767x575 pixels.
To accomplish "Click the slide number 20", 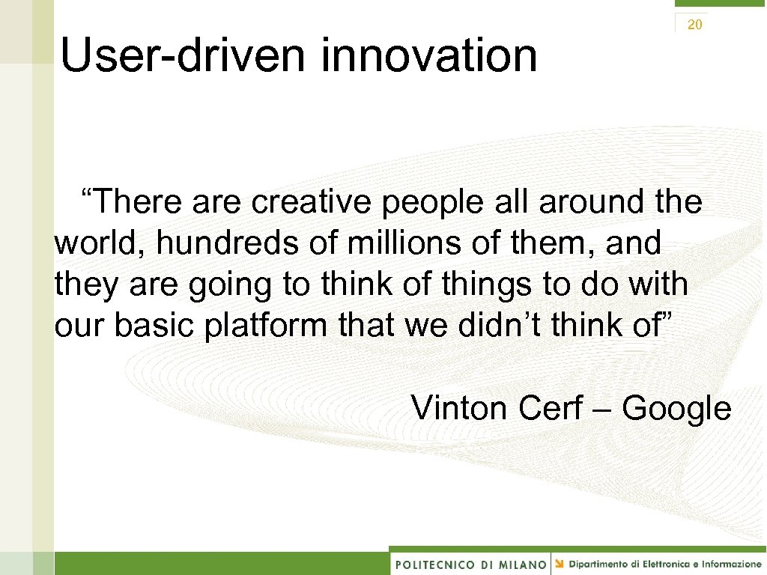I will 694,25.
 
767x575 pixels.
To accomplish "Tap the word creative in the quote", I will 312,201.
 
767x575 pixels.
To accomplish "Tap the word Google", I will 676,410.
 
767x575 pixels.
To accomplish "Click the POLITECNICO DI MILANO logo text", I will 470,564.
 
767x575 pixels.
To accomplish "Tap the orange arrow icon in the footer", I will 560,563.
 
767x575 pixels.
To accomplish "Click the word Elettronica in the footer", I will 655,563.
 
